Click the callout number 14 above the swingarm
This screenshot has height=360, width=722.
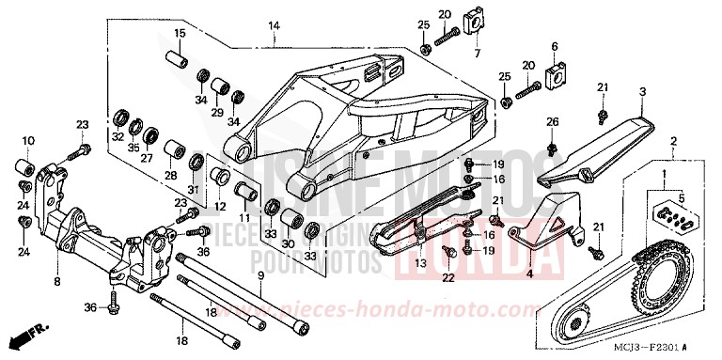coord(274,25)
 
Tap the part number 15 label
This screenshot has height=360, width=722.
coord(179,35)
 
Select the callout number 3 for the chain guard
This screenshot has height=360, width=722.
coord(642,91)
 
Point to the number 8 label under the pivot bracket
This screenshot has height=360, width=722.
coord(57,280)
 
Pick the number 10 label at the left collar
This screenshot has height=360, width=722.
coord(27,141)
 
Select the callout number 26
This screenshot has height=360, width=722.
coord(553,121)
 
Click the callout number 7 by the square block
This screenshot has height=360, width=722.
coord(476,55)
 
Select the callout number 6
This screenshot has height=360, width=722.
coord(555,46)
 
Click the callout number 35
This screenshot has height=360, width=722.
coord(134,148)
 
